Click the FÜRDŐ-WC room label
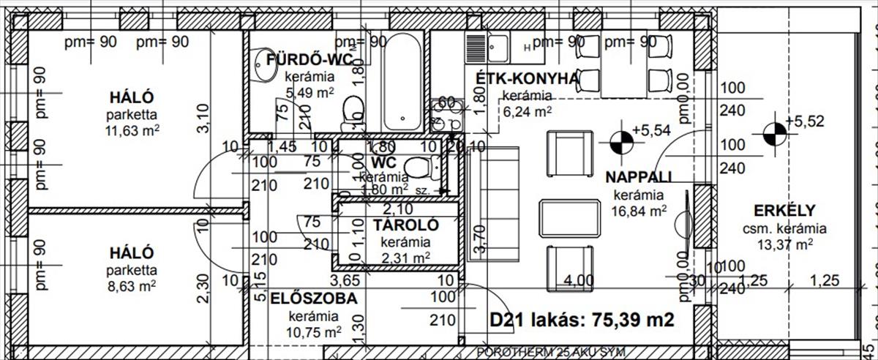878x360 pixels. coord(300,59)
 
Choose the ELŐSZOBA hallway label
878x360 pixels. coord(314,299)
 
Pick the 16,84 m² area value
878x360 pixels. coord(639,211)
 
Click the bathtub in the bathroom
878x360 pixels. coord(402,80)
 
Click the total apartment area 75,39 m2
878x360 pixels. coord(582,320)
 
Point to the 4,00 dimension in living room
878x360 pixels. coord(580,280)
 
